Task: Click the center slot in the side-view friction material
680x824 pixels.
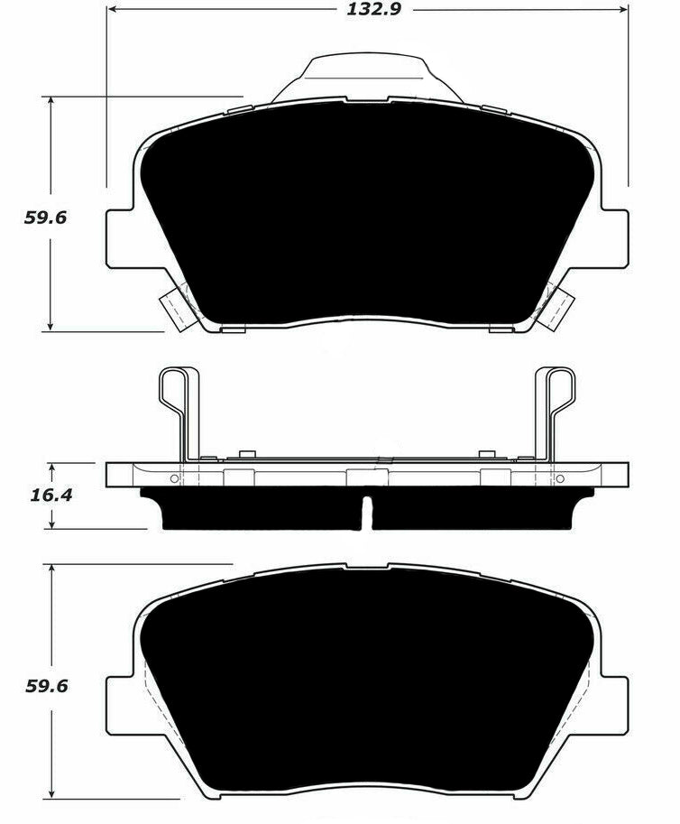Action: pos(366,512)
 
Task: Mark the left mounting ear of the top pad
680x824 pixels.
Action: pos(121,238)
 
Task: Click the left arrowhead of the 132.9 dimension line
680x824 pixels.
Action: pos(113,11)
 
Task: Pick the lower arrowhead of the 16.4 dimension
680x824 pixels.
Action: pos(52,523)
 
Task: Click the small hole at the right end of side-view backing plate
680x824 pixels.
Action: pos(560,477)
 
